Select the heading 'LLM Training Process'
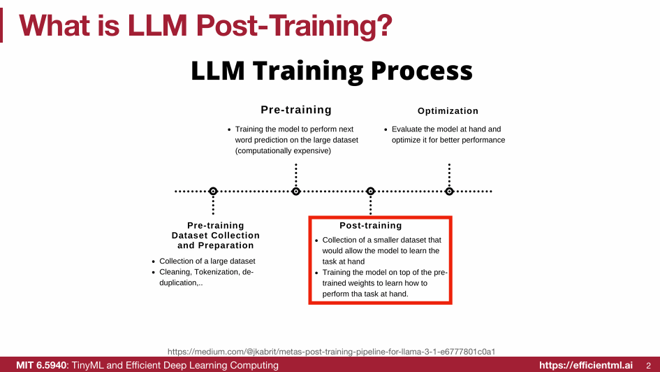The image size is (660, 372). click(x=332, y=71)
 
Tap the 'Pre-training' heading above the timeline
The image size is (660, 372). click(x=296, y=110)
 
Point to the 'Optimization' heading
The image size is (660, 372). click(x=448, y=111)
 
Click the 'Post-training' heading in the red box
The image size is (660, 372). click(x=371, y=226)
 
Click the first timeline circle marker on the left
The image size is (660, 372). click(x=213, y=191)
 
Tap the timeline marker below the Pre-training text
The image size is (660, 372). click(x=296, y=191)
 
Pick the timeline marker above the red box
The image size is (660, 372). click(x=371, y=191)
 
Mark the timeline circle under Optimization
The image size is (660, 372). click(x=449, y=191)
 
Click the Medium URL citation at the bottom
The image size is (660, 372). click(x=336, y=351)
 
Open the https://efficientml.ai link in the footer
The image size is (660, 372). click(x=586, y=365)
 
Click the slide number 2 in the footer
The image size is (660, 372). click(x=648, y=365)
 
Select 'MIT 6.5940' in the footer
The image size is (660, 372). click(x=41, y=365)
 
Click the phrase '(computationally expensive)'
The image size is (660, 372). click(x=283, y=151)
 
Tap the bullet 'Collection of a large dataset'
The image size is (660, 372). click(x=207, y=262)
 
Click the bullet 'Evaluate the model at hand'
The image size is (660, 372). click(x=446, y=129)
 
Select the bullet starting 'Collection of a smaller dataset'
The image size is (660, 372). click(x=381, y=240)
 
